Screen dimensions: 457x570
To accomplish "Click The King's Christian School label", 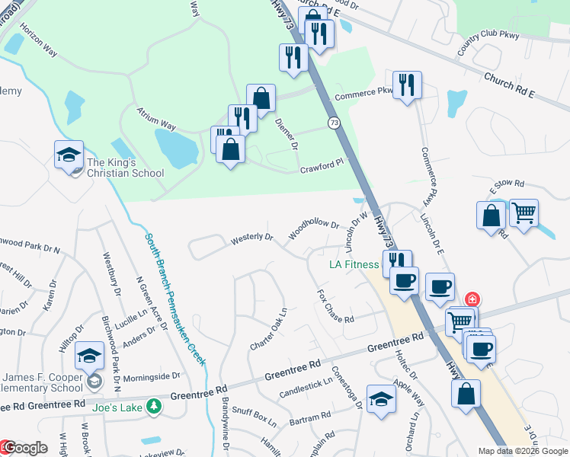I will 125,168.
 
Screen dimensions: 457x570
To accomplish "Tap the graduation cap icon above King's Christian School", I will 69,155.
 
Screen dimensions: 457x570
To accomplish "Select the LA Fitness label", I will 354,265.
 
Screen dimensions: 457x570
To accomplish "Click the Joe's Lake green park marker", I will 155,406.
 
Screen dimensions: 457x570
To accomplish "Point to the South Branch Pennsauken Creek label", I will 175,299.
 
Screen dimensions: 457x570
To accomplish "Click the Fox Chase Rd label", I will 335,305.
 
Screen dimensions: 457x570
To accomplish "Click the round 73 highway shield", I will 334,123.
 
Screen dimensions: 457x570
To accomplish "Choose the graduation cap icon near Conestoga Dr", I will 381,398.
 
